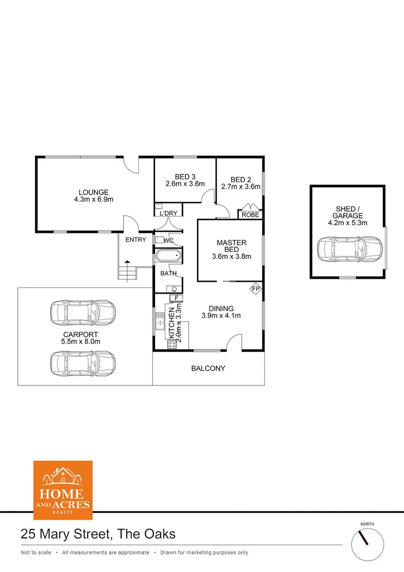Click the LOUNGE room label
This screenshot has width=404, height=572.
(94, 192)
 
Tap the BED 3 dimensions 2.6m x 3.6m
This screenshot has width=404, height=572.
(185, 184)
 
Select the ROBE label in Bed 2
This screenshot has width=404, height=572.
(251, 214)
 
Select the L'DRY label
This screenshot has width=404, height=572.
(168, 213)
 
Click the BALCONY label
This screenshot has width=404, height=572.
(208, 369)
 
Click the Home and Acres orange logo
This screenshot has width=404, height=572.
(62, 490)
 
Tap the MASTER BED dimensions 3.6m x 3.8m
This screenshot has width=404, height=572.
(232, 257)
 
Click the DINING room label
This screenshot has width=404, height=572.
(221, 308)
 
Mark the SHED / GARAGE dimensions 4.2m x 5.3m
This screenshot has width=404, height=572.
(348, 223)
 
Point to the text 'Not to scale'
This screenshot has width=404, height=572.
(36, 552)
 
